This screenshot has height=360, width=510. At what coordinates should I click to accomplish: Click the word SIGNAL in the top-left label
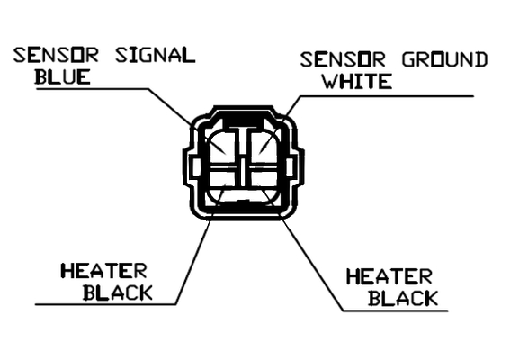point(156,55)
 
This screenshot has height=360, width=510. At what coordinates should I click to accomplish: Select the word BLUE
point(62,77)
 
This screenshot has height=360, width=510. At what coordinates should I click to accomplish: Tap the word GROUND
point(444,59)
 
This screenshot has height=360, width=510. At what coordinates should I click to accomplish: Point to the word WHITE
point(357,81)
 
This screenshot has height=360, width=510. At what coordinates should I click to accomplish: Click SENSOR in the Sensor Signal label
point(56,55)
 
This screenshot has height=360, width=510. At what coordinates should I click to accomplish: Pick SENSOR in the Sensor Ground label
point(343,59)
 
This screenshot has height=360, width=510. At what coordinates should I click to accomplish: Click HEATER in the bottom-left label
point(103,271)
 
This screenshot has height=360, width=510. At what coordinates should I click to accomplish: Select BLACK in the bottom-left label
point(118,292)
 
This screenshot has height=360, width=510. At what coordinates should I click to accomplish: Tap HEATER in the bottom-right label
point(389,276)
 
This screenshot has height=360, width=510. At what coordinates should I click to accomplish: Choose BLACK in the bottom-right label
point(403,298)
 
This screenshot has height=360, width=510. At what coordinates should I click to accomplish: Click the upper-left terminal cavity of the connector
point(222,147)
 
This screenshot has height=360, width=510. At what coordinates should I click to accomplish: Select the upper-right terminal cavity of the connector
point(264,147)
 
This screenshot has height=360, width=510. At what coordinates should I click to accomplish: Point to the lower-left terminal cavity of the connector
point(222,187)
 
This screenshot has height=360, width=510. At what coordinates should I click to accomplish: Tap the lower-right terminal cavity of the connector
point(264,187)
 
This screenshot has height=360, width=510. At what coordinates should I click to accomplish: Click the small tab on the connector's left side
point(194,167)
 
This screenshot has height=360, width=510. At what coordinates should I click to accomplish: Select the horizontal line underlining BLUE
point(93,88)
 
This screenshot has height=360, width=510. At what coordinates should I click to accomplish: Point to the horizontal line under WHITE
point(387,96)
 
